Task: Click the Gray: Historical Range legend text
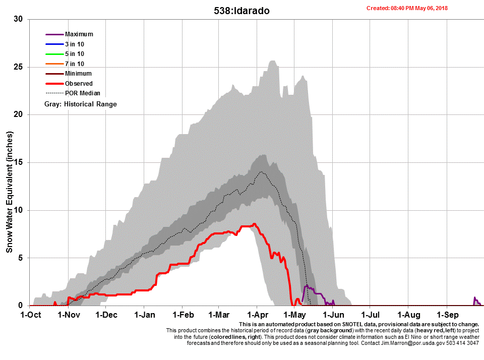tap(81, 104)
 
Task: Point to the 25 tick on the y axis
tap(19, 67)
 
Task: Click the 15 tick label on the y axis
tap(19, 162)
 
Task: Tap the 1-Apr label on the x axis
tap(256, 315)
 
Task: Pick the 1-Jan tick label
tap(144, 315)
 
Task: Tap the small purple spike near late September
tap(476, 298)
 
